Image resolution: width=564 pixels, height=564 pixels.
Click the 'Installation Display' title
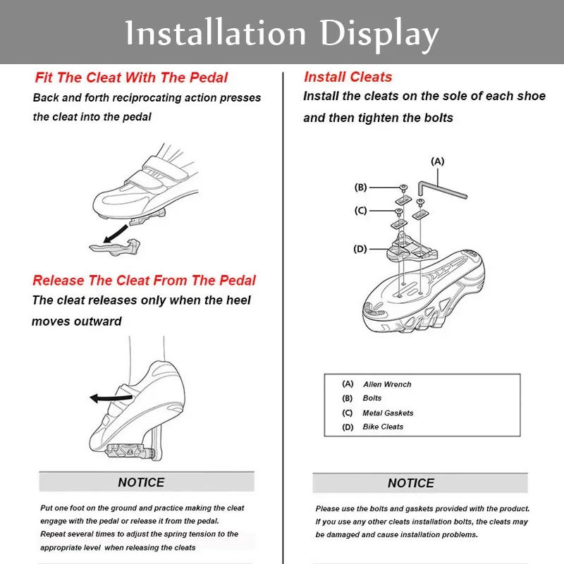point(282,33)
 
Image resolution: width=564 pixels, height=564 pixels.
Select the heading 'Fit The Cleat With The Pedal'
point(131,78)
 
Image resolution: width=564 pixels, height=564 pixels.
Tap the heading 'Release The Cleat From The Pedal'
point(144,281)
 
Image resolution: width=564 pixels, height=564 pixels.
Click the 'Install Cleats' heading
point(348,77)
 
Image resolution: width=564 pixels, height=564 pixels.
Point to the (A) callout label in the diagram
point(438,161)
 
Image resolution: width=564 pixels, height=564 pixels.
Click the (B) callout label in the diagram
point(360,188)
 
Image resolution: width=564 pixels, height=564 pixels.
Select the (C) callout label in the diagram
point(360,210)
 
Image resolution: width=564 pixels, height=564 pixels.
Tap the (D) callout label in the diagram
point(360,249)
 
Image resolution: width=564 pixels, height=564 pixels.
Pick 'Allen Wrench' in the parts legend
point(387,384)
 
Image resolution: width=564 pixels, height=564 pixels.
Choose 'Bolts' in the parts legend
point(372,398)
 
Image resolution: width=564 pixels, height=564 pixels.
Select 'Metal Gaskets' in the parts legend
point(388,413)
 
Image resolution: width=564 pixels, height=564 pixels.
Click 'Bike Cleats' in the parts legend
point(383,427)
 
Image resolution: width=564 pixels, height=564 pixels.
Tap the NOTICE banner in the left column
point(141,482)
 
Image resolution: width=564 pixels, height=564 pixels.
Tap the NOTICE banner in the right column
point(410,483)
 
